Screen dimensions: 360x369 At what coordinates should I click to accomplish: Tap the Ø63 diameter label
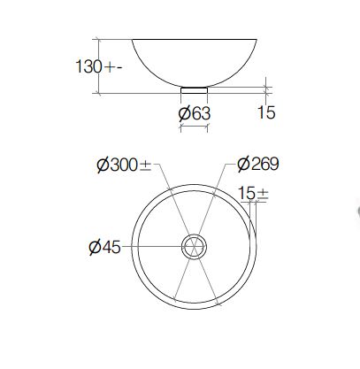click(195, 114)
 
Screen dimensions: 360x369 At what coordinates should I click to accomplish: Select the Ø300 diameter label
click(124, 165)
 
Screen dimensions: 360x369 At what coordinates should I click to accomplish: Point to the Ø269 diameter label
click(257, 164)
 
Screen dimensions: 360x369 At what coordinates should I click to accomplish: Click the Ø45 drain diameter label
click(104, 247)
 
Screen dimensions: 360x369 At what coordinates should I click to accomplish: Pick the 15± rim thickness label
click(253, 194)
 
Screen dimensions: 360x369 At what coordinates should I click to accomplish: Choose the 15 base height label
click(266, 112)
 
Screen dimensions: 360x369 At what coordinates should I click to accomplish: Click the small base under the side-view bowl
click(194, 90)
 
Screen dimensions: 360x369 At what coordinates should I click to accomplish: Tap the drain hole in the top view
click(194, 247)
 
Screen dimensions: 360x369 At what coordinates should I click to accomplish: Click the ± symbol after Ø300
click(145, 166)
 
